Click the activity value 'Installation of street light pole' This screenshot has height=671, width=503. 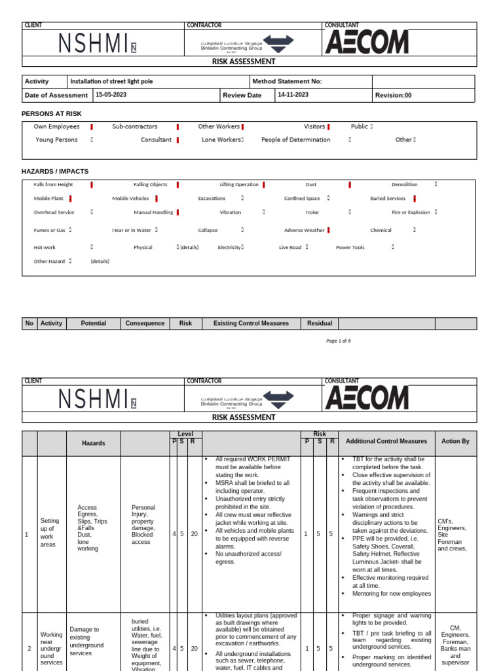pyautogui.click(x=112, y=81)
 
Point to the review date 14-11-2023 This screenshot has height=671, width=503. pyautogui.click(x=293, y=95)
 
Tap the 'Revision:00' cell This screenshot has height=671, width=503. pyautogui.click(x=394, y=95)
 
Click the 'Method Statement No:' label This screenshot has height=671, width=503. pyautogui.click(x=287, y=81)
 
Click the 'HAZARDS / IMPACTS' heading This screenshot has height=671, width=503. pyautogui.click(x=55, y=171)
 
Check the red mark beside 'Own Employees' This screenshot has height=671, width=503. pyautogui.click(x=92, y=126)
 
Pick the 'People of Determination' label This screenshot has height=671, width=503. pyautogui.click(x=295, y=140)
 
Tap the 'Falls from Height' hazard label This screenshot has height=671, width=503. pyautogui.click(x=54, y=185)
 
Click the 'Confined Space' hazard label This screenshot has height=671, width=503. pyautogui.click(x=302, y=198)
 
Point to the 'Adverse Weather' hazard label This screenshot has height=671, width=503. pyautogui.click(x=304, y=230)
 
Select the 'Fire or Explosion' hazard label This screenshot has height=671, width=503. pyautogui.click(x=411, y=212)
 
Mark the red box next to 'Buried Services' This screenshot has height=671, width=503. pyautogui.click(x=415, y=198)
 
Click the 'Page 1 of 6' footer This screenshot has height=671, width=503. pyautogui.click(x=339, y=341)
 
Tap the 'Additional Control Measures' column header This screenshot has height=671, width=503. pyautogui.click(x=386, y=442)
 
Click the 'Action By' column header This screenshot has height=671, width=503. pyautogui.click(x=455, y=442)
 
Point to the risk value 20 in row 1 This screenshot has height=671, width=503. pyautogui.click(x=194, y=534)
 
